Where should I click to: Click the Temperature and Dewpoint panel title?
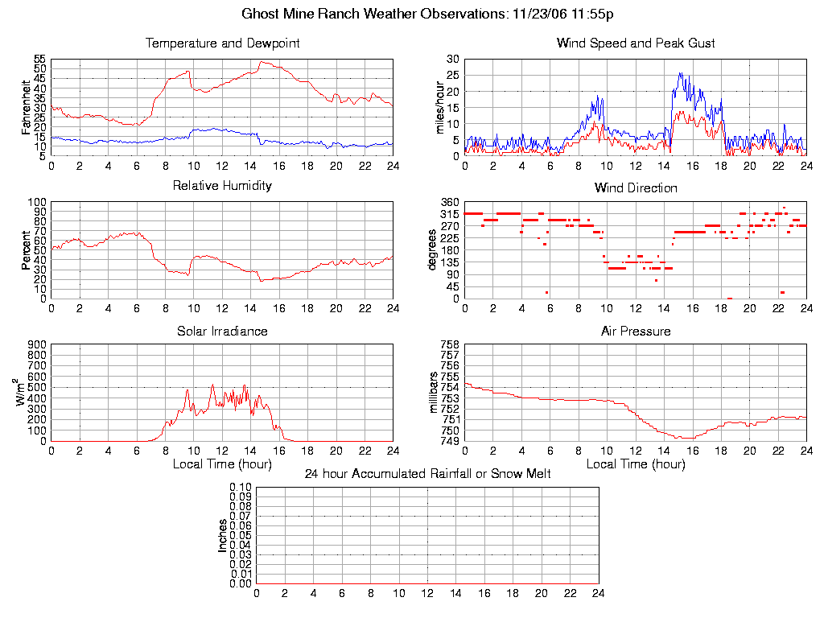(222, 43)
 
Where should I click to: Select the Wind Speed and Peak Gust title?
(636, 43)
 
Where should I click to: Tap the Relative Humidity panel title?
(222, 186)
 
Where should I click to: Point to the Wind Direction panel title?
(636, 187)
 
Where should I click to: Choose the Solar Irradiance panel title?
(222, 331)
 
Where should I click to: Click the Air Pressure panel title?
(636, 331)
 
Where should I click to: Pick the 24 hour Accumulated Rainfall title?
(427, 474)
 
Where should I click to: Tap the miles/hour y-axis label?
(440, 107)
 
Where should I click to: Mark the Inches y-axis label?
(223, 535)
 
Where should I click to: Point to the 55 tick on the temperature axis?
(39, 60)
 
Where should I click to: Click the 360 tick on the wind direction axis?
(450, 203)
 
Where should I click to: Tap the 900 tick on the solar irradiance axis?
(36, 345)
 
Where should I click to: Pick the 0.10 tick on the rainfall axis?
(241, 488)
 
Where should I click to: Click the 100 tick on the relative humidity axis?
(36, 203)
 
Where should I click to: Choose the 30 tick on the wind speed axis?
(453, 60)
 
